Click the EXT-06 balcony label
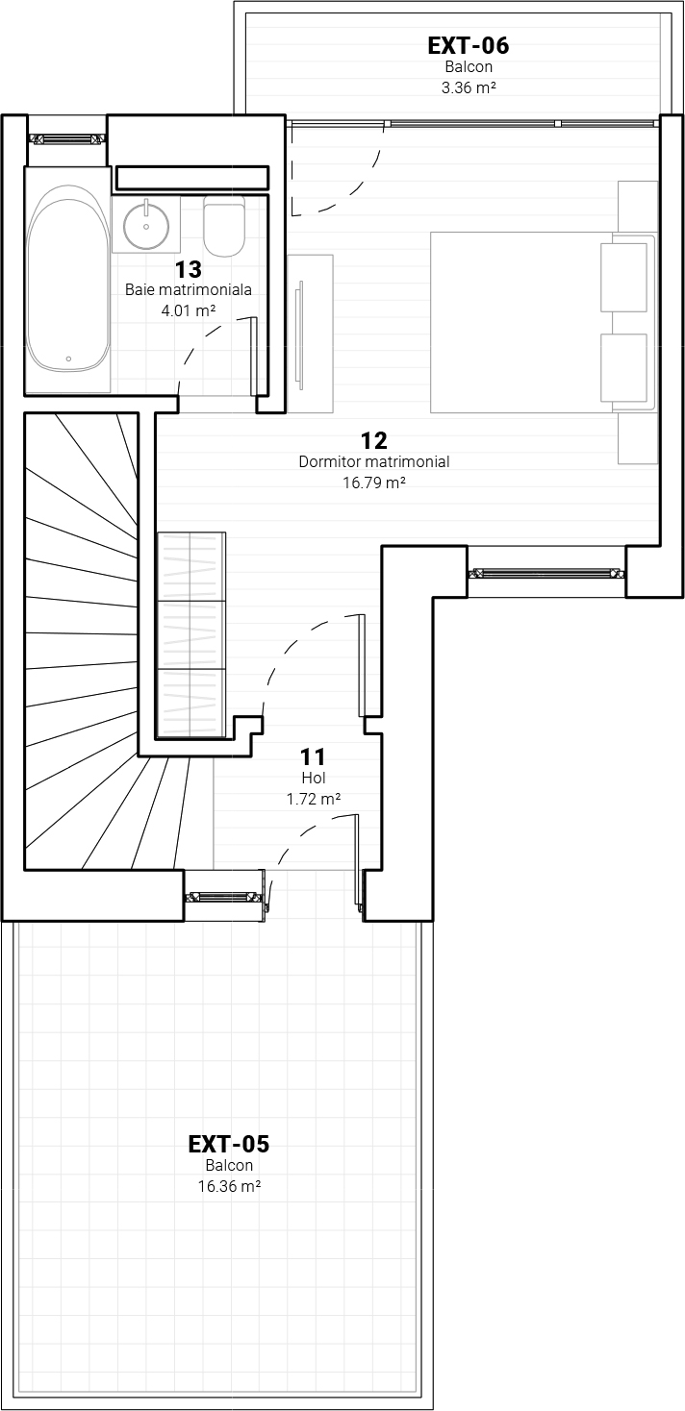(468, 46)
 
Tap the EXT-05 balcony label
(229, 1143)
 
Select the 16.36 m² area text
(230, 1186)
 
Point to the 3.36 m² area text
(468, 87)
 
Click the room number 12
(373, 439)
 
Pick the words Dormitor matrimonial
(374, 461)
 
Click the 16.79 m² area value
(374, 483)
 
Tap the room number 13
(188, 269)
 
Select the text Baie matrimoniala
(189, 289)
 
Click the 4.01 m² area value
(189, 310)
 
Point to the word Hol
(314, 778)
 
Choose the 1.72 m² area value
(314, 800)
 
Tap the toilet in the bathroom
(224, 225)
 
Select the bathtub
(68, 278)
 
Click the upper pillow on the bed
(623, 277)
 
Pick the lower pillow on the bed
(623, 367)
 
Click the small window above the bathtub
(67, 139)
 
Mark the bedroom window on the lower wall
(546, 573)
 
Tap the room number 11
(313, 756)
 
